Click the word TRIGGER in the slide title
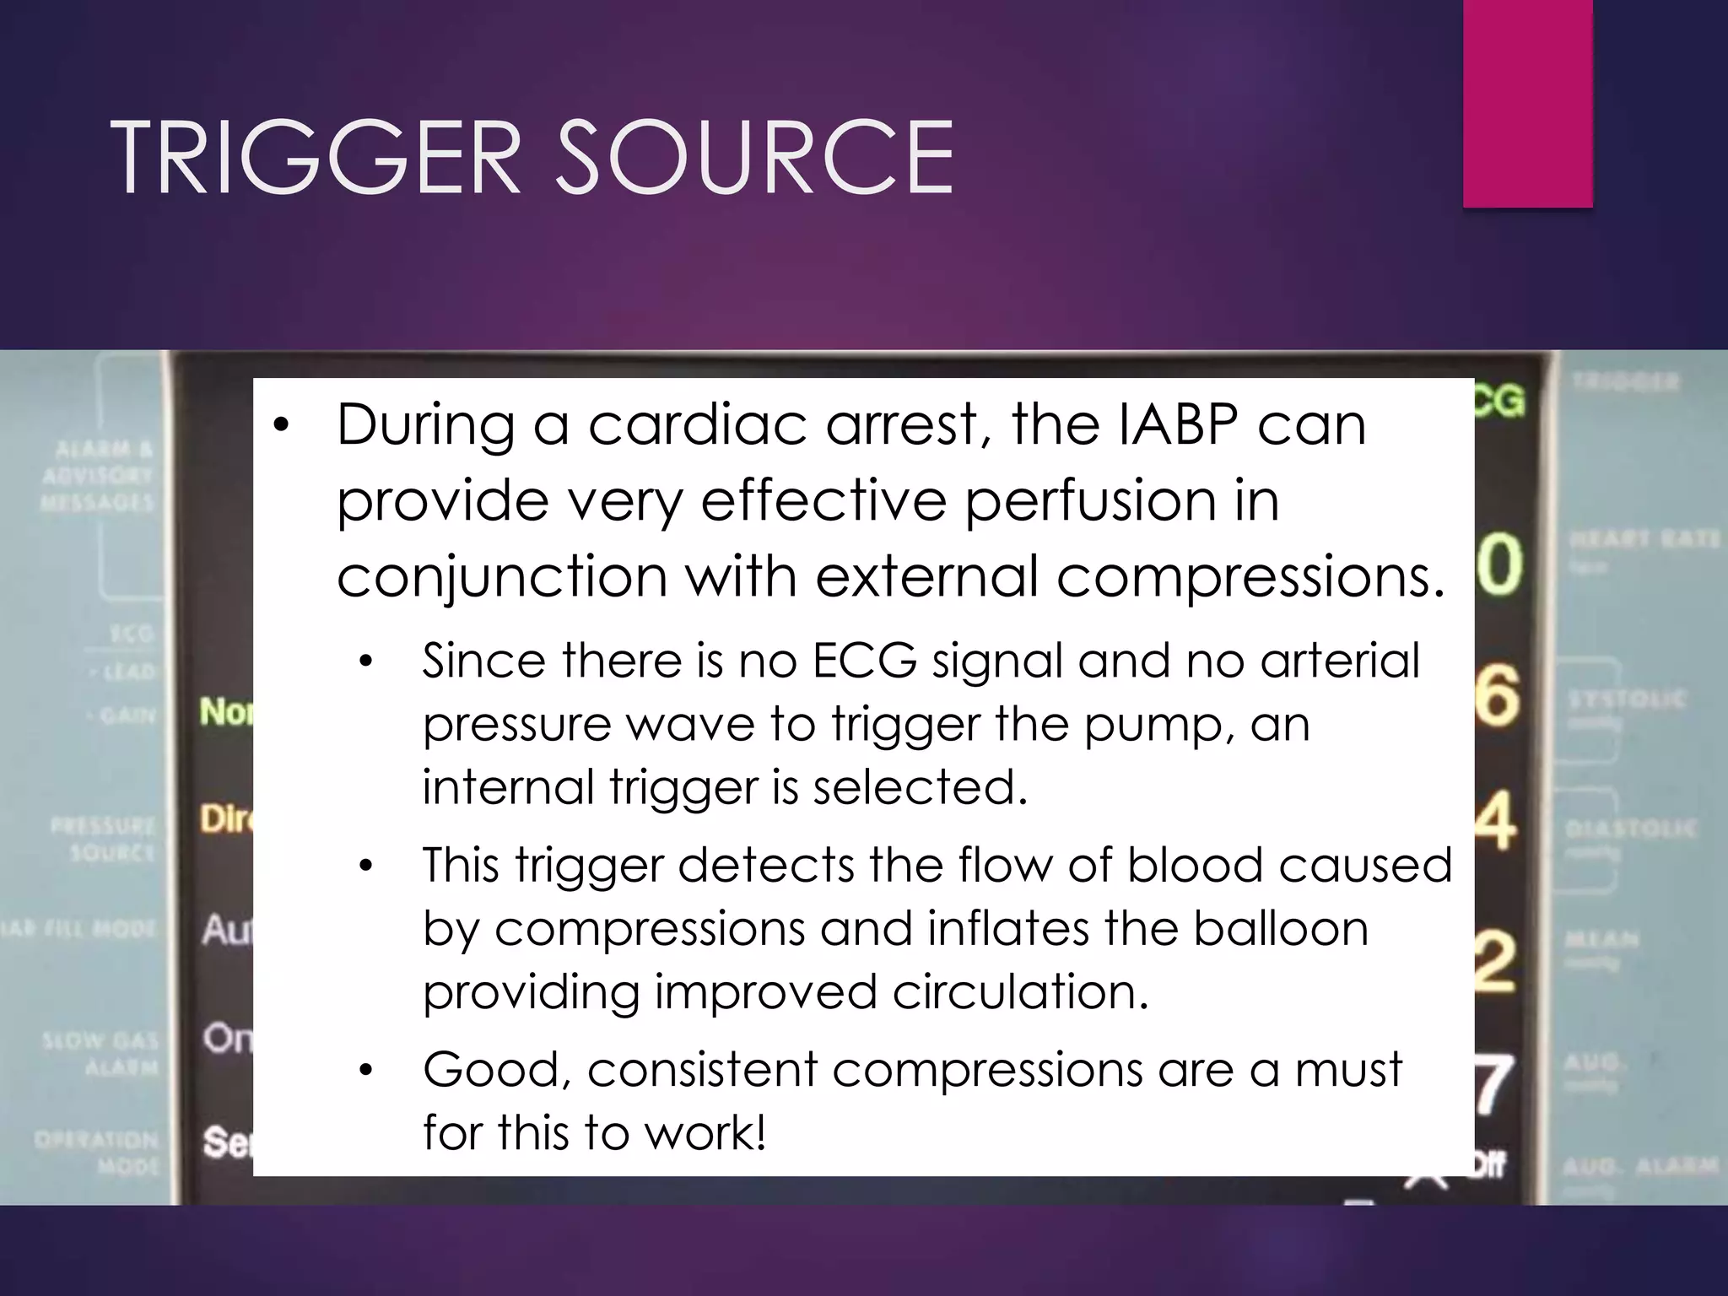[x=315, y=158]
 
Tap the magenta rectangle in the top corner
[x=1527, y=103]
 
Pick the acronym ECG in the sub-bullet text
[x=864, y=661]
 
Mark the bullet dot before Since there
[x=364, y=662]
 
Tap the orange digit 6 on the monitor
[x=1498, y=696]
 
